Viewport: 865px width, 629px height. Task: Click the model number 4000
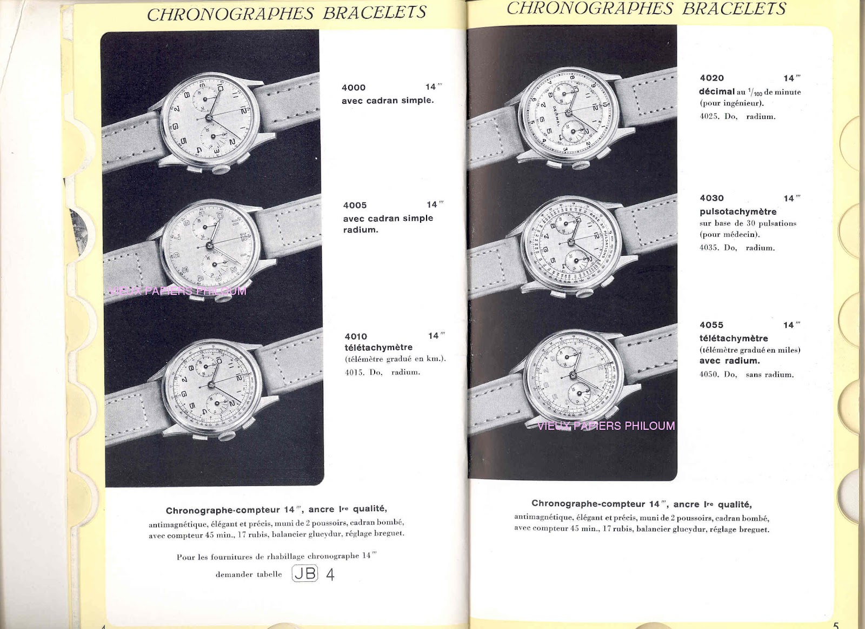354,88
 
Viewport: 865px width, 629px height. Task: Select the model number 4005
355,206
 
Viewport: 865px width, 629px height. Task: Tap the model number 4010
356,336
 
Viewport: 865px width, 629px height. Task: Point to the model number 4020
711,78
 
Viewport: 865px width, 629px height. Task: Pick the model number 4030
711,198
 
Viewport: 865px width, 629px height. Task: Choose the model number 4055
711,325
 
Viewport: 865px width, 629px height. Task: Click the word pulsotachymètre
738,211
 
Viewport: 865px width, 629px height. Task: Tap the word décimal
717,91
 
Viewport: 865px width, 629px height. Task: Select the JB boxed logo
305,573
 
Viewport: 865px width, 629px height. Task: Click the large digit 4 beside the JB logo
330,574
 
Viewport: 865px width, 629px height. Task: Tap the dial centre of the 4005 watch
209,246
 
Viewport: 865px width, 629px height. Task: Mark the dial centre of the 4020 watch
568,112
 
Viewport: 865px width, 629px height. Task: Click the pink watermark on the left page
177,291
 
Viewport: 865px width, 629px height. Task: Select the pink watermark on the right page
606,426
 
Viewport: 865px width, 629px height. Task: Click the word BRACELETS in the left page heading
375,13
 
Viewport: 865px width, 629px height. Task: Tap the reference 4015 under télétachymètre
354,372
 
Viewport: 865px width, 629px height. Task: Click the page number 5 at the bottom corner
836,625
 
